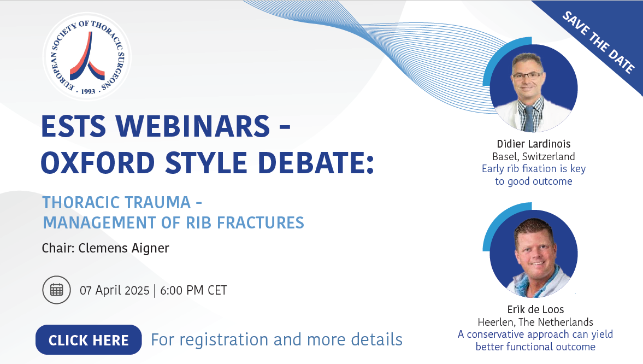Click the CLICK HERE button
(x=89, y=340)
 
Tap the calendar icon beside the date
(x=57, y=290)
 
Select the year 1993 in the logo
(x=88, y=91)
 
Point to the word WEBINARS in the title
(x=193, y=126)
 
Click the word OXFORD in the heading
(x=98, y=163)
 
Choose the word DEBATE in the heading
(x=311, y=163)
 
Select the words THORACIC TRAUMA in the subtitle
(x=116, y=202)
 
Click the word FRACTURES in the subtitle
(x=261, y=223)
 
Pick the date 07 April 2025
(x=114, y=291)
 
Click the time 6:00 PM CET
(x=193, y=291)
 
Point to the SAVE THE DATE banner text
(x=598, y=42)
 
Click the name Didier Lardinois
(x=534, y=144)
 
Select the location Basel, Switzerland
(x=534, y=156)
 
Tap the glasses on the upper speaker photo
(x=528, y=75)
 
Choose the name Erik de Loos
(x=535, y=309)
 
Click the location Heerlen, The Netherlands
(x=535, y=322)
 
